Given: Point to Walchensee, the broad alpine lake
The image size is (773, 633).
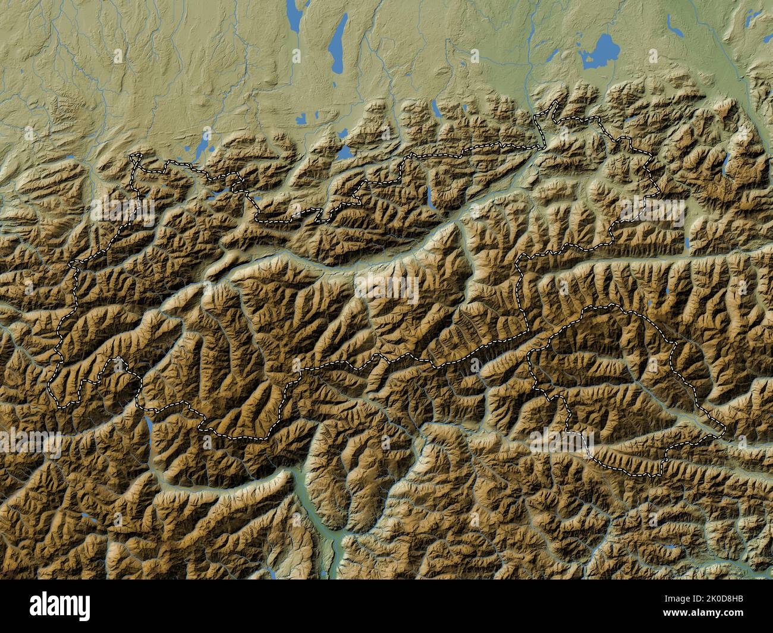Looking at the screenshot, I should coord(345,152).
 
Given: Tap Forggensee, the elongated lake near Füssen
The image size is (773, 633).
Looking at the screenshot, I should coord(203,146).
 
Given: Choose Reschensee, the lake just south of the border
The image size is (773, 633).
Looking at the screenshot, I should coord(146,423).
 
